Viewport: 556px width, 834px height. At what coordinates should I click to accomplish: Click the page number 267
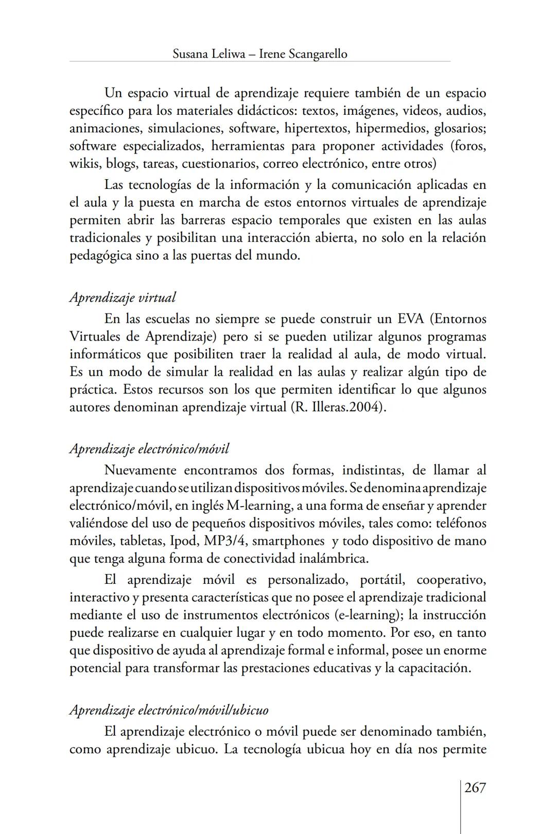tap(475, 788)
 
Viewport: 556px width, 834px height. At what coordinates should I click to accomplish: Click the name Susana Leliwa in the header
tap(208, 54)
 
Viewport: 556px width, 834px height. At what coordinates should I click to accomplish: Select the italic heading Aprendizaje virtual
tap(123, 298)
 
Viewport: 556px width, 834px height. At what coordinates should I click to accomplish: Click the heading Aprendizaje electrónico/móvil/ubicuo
tap(169, 710)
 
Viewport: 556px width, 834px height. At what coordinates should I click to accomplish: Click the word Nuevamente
tap(141, 470)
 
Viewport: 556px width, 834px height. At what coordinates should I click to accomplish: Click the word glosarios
tap(460, 128)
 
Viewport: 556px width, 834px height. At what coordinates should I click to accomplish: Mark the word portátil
tap(381, 580)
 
